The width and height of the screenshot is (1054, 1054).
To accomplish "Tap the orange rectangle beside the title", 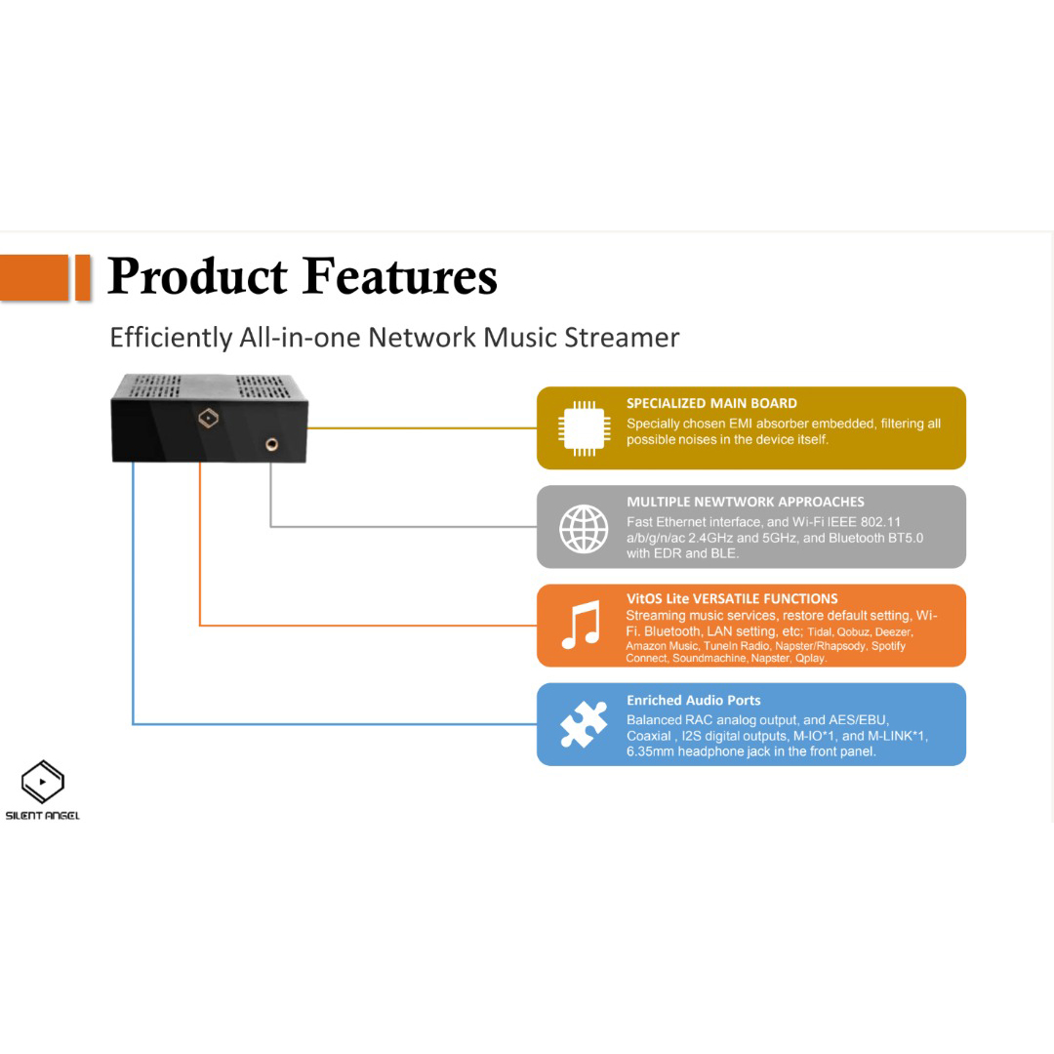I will (x=44, y=277).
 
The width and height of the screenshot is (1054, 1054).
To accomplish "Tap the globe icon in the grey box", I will (x=584, y=528).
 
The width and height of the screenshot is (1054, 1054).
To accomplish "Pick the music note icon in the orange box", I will (x=582, y=626).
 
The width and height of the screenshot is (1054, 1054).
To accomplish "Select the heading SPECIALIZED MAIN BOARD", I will (x=711, y=403).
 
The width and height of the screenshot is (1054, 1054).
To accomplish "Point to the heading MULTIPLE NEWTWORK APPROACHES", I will (x=746, y=502).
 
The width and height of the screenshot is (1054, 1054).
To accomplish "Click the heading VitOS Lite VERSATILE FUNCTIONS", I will (x=732, y=598).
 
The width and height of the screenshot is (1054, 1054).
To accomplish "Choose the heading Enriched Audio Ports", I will (x=693, y=700).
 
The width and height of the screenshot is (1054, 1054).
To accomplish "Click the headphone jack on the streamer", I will (x=270, y=444).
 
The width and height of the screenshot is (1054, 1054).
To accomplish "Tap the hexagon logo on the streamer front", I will (x=208, y=419).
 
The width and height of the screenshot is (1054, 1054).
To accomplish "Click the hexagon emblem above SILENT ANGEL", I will (x=43, y=782).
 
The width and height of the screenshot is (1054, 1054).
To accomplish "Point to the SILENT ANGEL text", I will (x=43, y=816).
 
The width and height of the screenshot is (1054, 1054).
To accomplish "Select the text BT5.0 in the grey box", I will (x=903, y=538).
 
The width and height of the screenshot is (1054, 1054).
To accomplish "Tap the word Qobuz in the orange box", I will (x=854, y=632).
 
